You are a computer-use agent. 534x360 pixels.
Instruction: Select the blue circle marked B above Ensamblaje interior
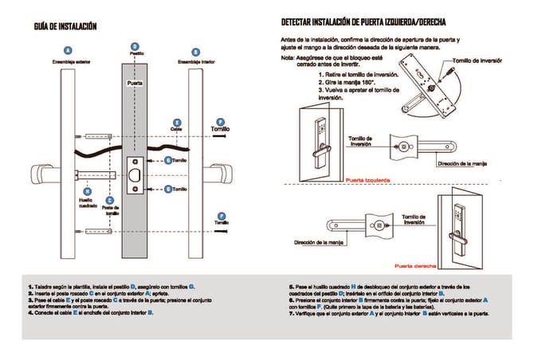pos(196,52)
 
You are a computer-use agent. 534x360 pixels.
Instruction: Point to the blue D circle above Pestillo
pos(135,46)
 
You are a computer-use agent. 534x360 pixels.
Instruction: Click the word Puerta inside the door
pos(135,82)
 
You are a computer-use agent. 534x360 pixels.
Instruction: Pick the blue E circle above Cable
pos(176,122)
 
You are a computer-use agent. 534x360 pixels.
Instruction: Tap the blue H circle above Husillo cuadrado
pos(88,192)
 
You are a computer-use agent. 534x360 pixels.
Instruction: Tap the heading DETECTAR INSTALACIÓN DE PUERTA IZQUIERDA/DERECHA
pos(374,22)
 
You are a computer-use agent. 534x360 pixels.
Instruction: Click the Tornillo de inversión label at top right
pos(476,61)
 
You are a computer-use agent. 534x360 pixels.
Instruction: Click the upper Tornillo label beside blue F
pos(221,128)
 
